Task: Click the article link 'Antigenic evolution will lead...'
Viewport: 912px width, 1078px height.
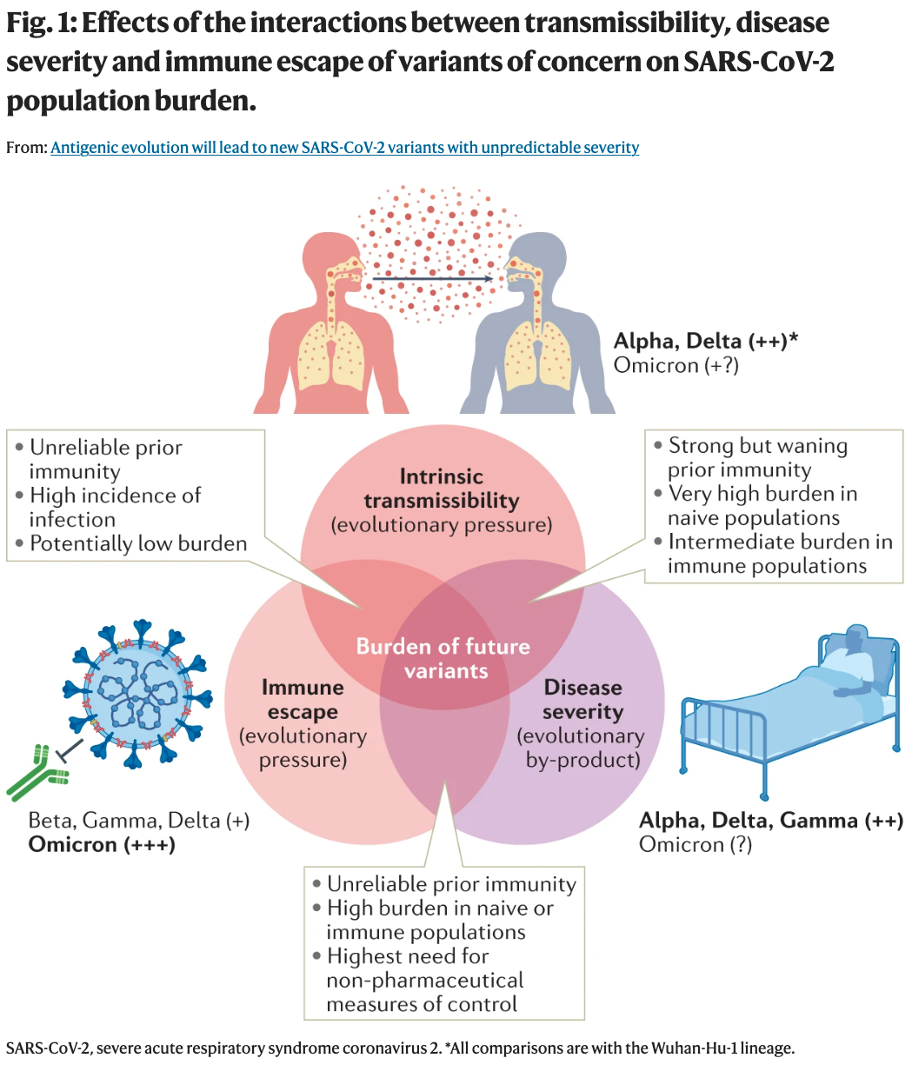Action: coord(344,148)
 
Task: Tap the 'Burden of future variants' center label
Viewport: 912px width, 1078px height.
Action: coord(443,658)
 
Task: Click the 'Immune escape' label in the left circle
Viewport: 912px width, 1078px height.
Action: coord(303,700)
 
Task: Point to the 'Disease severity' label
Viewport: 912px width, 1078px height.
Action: coord(582,700)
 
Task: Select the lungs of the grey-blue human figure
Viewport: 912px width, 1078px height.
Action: coord(538,356)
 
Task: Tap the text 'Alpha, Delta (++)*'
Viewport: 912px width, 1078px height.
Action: coord(705,341)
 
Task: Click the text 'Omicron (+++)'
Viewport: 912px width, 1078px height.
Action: coord(102,844)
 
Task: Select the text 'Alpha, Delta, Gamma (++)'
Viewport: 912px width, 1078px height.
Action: coord(770,820)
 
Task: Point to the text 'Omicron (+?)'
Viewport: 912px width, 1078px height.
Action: coord(676,365)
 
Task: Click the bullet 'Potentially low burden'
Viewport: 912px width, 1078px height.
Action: coord(138,544)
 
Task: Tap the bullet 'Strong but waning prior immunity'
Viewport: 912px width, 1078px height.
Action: coord(757,458)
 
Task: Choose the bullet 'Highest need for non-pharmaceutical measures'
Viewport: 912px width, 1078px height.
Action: coord(424,980)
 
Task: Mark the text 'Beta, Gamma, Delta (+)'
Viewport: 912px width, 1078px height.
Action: coord(139,820)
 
